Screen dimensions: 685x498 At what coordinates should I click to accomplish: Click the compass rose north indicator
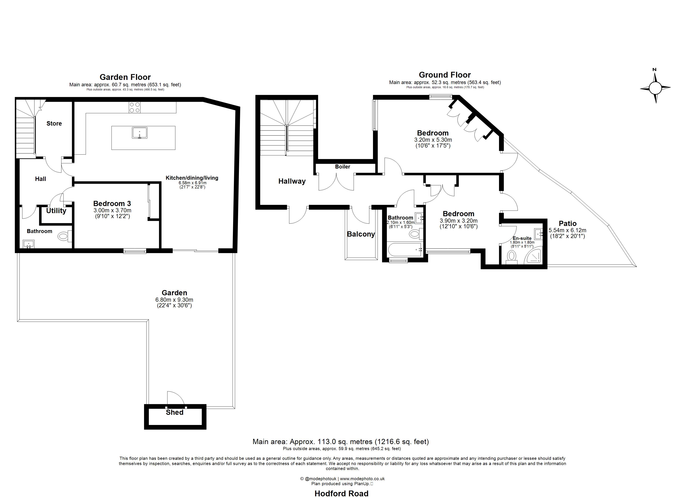[x=655, y=70]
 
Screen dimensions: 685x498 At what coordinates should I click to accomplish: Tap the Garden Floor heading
[x=125, y=77]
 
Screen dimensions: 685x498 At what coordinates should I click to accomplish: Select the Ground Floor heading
[x=445, y=75]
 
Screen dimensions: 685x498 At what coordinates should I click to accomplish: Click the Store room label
[x=54, y=123]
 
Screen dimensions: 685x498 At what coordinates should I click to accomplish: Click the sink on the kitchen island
[x=139, y=133]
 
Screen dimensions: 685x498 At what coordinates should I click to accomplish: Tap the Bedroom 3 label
[x=112, y=204]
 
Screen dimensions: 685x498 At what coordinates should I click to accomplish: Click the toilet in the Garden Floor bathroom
[x=64, y=236]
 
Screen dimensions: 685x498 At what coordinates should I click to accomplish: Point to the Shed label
[x=175, y=413]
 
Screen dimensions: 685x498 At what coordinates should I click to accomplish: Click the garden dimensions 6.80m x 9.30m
[x=174, y=300]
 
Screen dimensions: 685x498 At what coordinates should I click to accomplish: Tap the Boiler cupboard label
[x=342, y=167]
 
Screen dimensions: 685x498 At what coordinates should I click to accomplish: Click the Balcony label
[x=361, y=234]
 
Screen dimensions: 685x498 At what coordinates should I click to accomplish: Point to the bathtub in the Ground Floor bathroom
[x=405, y=250]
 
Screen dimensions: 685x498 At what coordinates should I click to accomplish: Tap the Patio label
[x=568, y=223]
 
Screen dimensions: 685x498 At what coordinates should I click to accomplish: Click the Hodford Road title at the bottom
[x=342, y=493]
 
